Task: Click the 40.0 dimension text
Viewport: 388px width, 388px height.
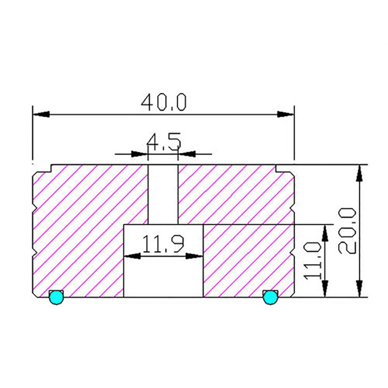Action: pyautogui.click(x=164, y=102)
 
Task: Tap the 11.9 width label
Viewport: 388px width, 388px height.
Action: pyautogui.click(x=163, y=244)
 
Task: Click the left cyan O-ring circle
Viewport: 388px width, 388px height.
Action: pyautogui.click(x=56, y=298)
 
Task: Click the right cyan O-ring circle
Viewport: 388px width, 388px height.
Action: pyautogui.click(x=270, y=298)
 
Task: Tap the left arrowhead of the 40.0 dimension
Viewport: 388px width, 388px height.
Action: pyautogui.click(x=41, y=114)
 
